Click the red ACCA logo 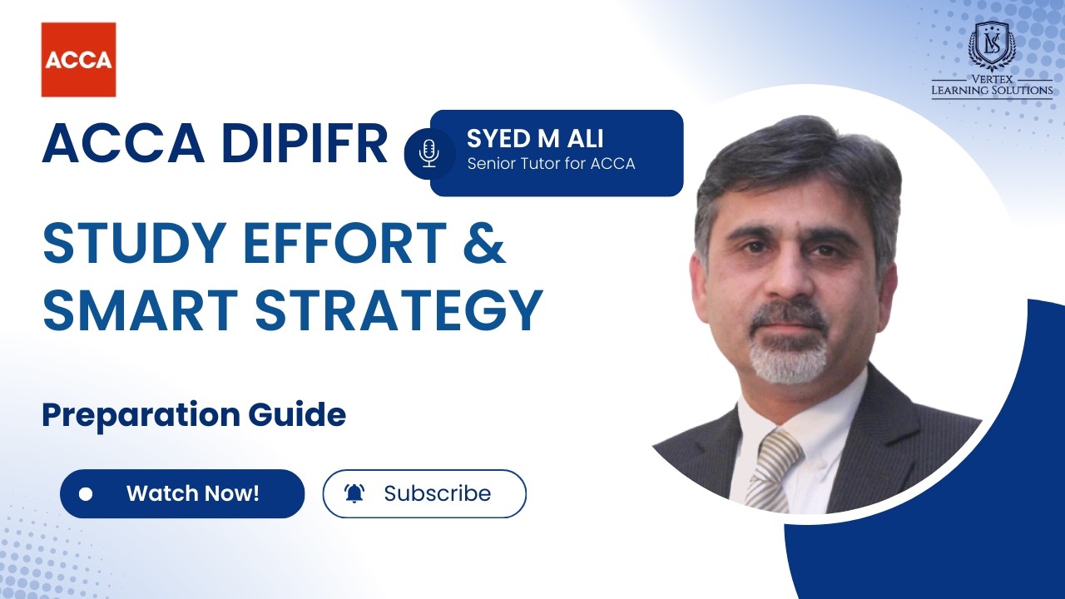tap(78, 59)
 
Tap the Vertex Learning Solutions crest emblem tap(992, 47)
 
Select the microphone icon tap(429, 153)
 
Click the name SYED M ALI tap(535, 137)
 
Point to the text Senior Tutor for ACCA tap(551, 164)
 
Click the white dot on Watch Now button tap(85, 494)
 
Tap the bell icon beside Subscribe tap(354, 493)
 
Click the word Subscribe tap(437, 493)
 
